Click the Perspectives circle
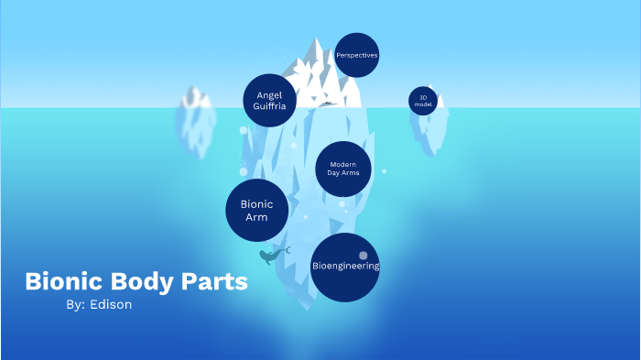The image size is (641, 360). click(357, 56)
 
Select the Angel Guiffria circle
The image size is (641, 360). click(270, 100)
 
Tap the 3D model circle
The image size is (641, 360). click(423, 100)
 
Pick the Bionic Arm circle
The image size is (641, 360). click(257, 211)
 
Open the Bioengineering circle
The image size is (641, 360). click(345, 267)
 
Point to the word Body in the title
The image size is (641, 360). click(146, 282)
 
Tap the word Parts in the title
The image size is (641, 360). click(217, 282)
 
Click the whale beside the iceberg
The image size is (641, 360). click(271, 256)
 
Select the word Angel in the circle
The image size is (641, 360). click(270, 93)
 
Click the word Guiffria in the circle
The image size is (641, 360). click(270, 107)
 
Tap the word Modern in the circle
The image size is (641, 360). click(342, 164)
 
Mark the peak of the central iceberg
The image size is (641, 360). click(317, 41)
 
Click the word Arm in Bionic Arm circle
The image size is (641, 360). click(256, 218)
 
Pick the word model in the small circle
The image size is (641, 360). click(423, 104)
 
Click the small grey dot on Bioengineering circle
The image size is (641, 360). click(364, 256)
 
